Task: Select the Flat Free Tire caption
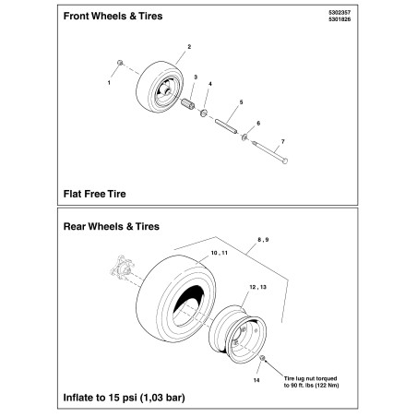coord(94,194)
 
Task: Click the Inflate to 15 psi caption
coord(125,399)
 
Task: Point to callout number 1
coord(110,83)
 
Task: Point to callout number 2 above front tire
coord(189,46)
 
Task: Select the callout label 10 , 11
coord(219,252)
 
